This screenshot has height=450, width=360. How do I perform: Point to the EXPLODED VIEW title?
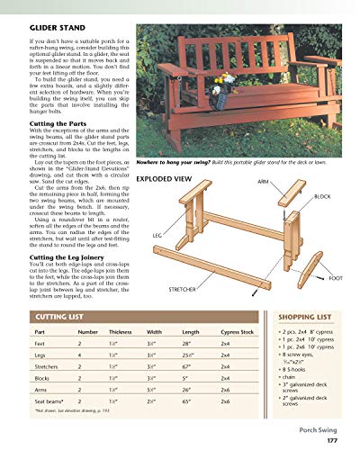tap(165, 180)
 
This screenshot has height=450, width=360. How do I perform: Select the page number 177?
tap(330, 440)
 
